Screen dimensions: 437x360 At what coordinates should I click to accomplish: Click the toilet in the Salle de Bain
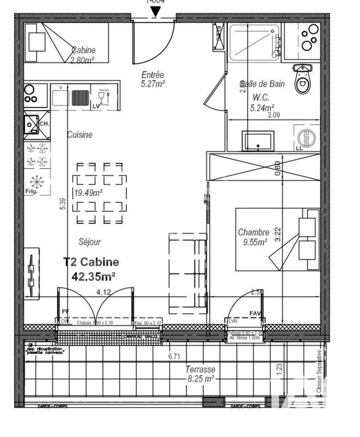pyautogui.click(x=302, y=80)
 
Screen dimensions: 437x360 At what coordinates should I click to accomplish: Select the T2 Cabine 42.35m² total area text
pyautogui.click(x=91, y=269)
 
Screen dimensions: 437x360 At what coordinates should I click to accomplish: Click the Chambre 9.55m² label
pyautogui.click(x=252, y=237)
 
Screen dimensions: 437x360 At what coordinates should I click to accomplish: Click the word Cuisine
pyautogui.click(x=80, y=134)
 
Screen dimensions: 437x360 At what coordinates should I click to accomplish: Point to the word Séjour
pyautogui.click(x=88, y=241)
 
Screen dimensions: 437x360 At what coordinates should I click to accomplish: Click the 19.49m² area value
pyautogui.click(x=89, y=192)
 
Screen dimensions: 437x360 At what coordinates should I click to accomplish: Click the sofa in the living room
pyautogui.click(x=187, y=273)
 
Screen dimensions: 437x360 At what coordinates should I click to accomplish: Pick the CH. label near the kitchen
pyautogui.click(x=44, y=123)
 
